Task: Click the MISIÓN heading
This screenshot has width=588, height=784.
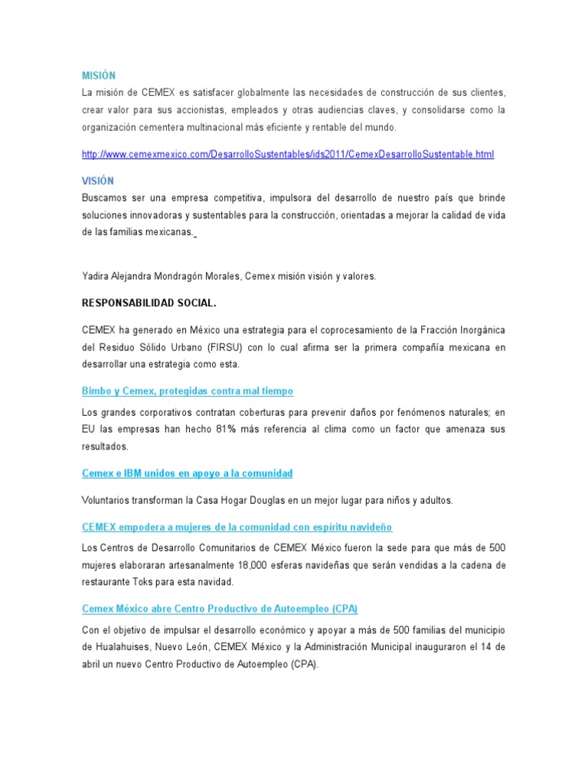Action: [x=99, y=75]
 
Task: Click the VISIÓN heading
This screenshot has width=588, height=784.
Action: [x=98, y=181]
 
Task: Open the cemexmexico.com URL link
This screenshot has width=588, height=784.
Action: [x=288, y=155]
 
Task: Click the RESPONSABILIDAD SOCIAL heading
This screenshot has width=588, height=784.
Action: [x=149, y=303]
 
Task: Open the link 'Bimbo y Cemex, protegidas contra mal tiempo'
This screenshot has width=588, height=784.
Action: [x=188, y=391]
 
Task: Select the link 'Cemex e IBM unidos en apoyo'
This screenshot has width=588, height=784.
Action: [x=188, y=474]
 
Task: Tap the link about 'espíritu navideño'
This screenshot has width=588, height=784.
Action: [x=237, y=528]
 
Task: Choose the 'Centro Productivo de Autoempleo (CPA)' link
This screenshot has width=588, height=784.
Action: [x=220, y=609]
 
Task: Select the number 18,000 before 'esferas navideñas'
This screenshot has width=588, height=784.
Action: [x=243, y=564]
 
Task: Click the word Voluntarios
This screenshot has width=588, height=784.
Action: [x=106, y=501]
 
